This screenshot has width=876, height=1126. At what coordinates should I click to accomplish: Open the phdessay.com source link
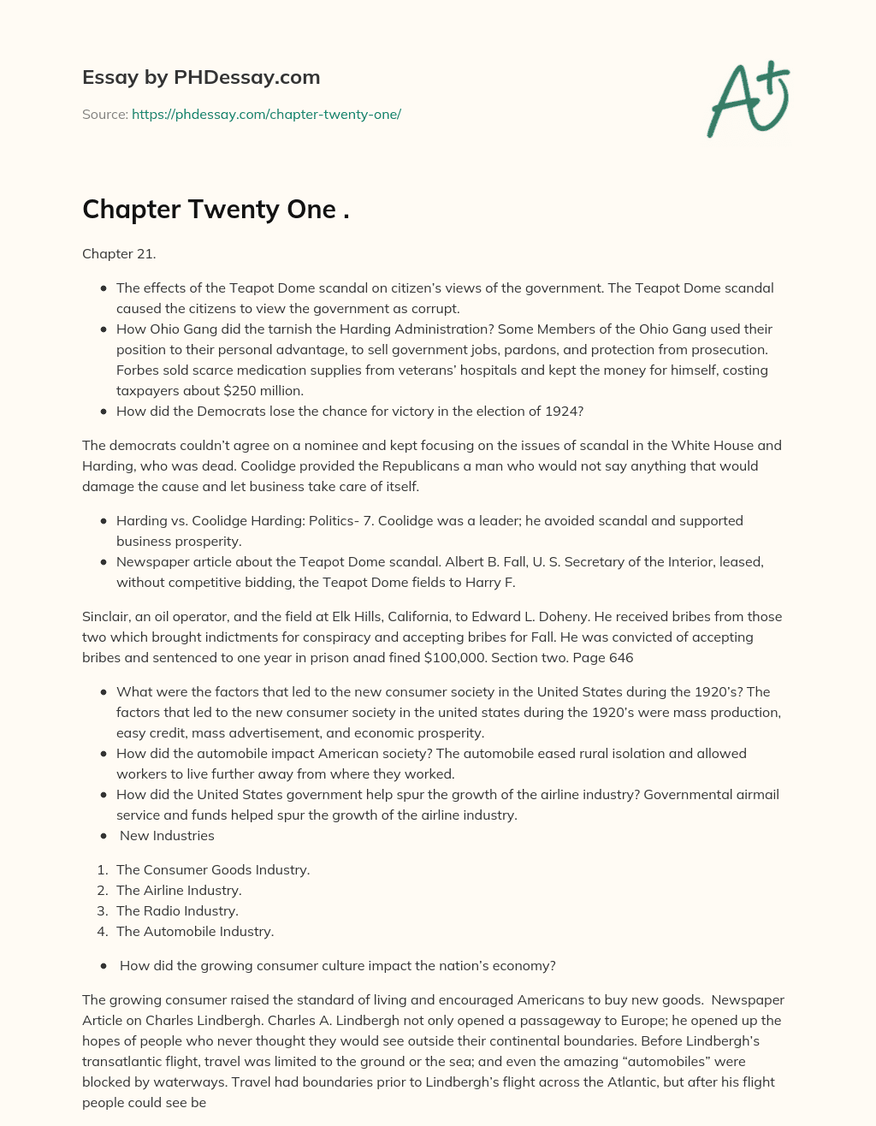(x=266, y=114)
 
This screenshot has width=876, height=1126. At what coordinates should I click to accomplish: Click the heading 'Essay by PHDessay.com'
(x=201, y=77)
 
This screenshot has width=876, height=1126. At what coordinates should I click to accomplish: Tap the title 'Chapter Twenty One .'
(x=216, y=210)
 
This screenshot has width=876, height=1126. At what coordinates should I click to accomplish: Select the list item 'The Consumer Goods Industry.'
(x=213, y=869)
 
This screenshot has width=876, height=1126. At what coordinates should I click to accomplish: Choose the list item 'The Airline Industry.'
(x=179, y=890)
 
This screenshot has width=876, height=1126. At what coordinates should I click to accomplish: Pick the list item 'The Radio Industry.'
(x=177, y=910)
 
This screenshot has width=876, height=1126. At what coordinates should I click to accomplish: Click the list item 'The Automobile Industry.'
(x=195, y=931)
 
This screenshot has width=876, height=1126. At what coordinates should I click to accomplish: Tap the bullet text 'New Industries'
(x=167, y=835)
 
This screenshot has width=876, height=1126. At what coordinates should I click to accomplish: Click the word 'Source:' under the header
(x=105, y=114)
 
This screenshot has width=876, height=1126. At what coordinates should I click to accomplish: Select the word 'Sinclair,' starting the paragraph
(x=108, y=616)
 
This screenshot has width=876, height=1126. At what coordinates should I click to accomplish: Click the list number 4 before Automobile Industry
(x=102, y=931)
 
